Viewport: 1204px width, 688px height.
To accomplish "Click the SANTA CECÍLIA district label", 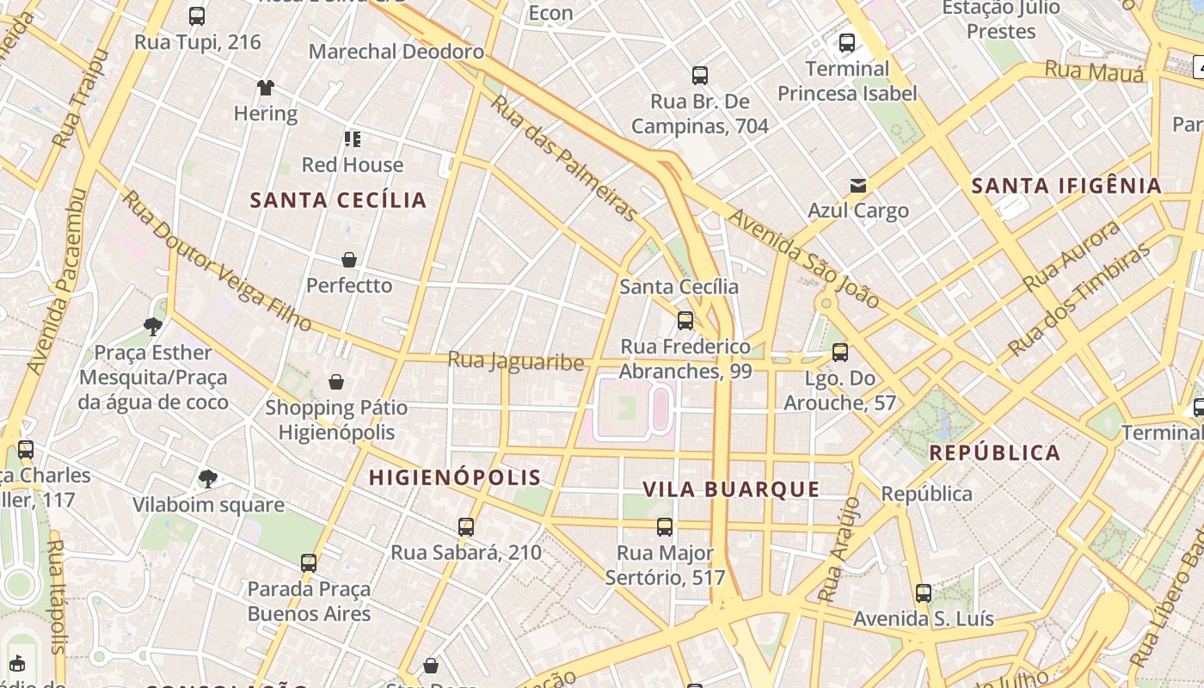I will coord(338,200).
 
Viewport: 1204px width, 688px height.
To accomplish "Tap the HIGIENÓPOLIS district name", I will coord(455,477).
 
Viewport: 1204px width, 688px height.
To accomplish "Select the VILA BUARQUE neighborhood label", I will coord(731,489).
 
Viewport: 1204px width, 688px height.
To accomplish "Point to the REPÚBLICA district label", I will coord(995,452).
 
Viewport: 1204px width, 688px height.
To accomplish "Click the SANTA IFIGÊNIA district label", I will coord(1066,185).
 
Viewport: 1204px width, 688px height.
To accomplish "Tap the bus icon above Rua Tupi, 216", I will coord(197,16).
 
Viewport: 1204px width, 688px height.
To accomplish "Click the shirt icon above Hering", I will coord(266,88).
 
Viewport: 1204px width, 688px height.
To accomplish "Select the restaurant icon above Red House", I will coord(352,139).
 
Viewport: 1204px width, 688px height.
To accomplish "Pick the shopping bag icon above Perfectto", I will coord(349,260).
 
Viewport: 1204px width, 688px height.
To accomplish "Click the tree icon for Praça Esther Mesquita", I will coord(153,326).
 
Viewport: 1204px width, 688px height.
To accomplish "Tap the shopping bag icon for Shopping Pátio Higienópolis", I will coord(336,382).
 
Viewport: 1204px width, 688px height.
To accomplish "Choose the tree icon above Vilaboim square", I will coord(207,479).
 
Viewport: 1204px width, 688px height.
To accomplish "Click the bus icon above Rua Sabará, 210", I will coord(466,527).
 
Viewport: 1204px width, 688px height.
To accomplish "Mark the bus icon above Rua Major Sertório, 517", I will coord(665,527).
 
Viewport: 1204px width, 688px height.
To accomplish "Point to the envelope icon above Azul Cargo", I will coord(857,185).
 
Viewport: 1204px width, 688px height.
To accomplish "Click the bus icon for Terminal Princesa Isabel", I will coord(847,43).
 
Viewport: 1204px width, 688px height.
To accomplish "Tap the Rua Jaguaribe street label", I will coord(516,361).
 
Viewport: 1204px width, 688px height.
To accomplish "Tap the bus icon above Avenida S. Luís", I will coord(924,593).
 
